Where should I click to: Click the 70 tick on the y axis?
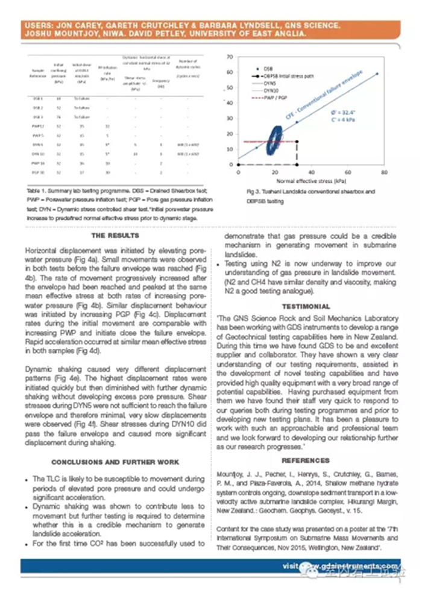pos(230,57)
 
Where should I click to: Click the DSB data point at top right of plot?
pos(377,73)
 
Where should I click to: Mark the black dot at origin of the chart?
pos(239,165)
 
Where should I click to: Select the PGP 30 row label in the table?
pos(39,172)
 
